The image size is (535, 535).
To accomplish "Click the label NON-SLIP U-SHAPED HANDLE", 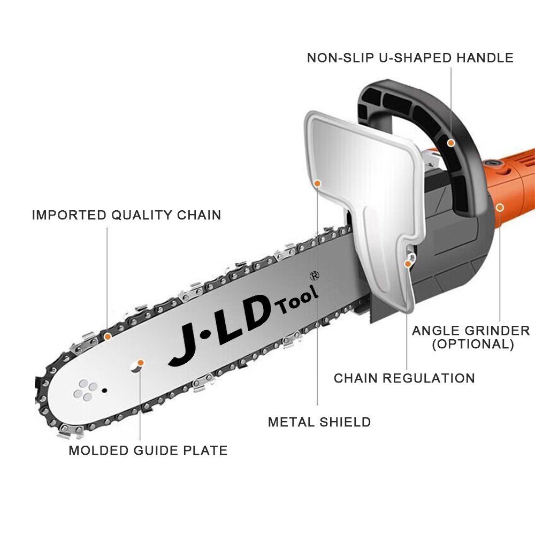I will [x=410, y=57].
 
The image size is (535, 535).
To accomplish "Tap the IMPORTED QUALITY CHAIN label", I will [x=126, y=215].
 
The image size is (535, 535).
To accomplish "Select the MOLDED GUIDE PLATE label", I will [x=148, y=450].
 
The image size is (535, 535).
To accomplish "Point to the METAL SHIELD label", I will [x=319, y=422].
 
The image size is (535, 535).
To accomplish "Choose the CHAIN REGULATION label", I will [x=404, y=378].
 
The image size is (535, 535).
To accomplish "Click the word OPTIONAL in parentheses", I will [x=473, y=344].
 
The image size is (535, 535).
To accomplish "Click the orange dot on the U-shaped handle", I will [x=451, y=143].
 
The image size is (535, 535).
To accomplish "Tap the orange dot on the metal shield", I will [x=317, y=183].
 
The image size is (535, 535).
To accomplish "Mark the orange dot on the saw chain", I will [x=108, y=337].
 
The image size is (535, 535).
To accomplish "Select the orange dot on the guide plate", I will [x=140, y=363].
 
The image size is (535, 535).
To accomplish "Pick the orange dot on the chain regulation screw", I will [x=408, y=263].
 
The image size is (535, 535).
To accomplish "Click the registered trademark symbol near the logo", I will [x=315, y=276].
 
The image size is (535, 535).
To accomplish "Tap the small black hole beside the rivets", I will [x=105, y=389].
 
